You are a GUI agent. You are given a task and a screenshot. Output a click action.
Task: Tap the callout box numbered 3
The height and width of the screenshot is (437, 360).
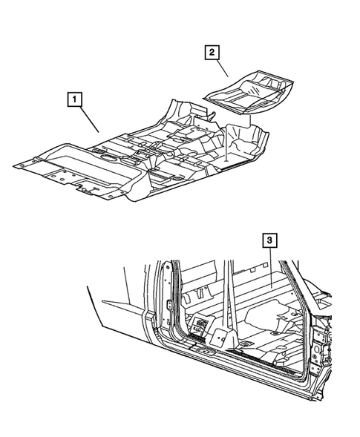(x=270, y=240)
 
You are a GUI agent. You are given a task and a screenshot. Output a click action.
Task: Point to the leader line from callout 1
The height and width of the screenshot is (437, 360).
(x=88, y=117)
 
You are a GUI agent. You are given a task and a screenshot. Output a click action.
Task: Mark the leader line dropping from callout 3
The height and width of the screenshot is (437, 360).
(x=272, y=263)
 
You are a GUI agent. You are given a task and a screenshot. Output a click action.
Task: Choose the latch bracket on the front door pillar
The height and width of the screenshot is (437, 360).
(x=170, y=306)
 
